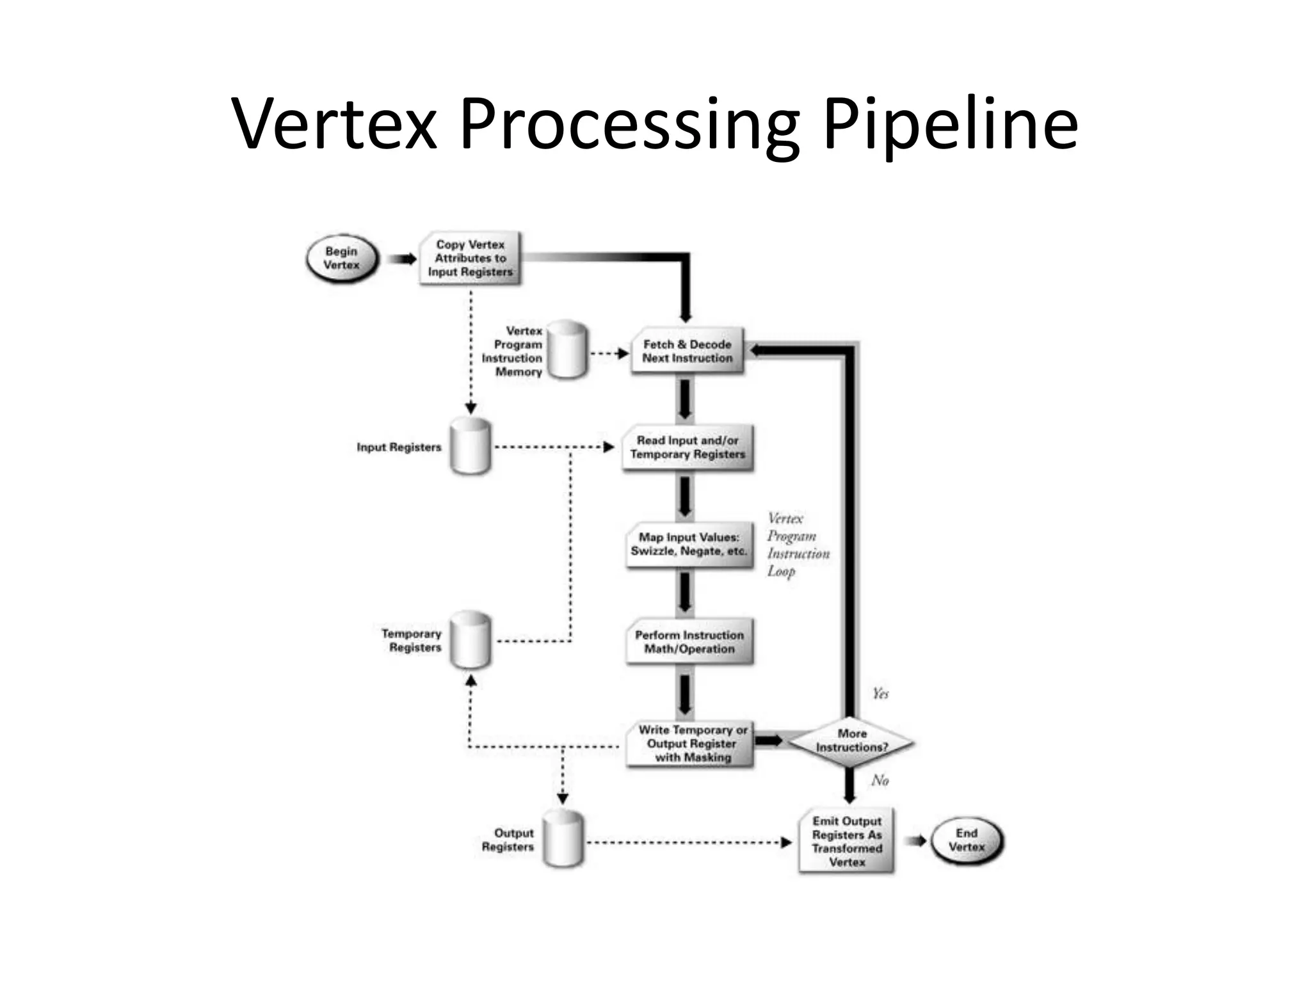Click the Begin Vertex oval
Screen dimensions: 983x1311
342,259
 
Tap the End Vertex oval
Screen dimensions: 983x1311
967,840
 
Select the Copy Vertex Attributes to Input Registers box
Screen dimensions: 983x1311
471,259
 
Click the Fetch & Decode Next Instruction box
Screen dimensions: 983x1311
687,351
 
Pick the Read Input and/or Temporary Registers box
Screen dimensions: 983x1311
688,447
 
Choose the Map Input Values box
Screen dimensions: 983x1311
689,544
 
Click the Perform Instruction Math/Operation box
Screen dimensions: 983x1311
689,642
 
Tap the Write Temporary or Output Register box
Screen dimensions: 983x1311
691,744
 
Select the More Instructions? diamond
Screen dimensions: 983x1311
851,741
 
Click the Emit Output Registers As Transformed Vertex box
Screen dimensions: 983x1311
846,841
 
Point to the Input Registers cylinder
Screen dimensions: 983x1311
471,447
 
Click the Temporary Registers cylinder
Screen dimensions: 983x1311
471,640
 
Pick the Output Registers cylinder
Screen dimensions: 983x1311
563,839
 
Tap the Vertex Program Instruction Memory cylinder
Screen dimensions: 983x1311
567,350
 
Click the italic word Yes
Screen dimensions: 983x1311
880,694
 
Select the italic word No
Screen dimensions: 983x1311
880,780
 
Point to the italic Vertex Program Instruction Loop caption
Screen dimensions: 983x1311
797,545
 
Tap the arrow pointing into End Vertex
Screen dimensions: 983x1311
915,841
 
